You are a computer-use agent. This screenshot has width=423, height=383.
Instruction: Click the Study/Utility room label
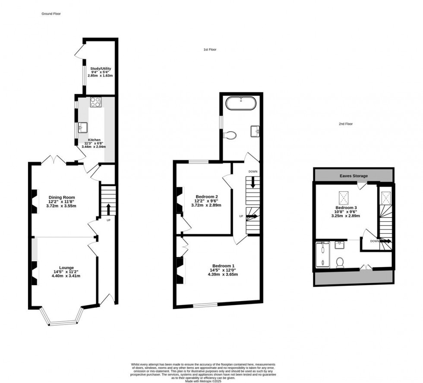point(101,69)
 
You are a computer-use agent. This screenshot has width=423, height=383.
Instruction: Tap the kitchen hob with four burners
point(95,102)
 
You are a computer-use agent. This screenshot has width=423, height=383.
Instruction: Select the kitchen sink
point(83,127)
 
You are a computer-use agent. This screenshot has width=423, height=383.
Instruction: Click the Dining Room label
point(62,198)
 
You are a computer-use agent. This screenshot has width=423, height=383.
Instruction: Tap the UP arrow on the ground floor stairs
point(108,209)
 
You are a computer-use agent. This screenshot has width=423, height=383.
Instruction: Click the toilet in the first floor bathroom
point(230,135)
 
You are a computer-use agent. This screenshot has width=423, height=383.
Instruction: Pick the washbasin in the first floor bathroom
point(254,130)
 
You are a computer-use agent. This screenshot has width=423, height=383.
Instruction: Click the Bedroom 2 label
point(206,197)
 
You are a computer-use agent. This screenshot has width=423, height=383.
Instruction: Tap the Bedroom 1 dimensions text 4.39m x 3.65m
point(223,274)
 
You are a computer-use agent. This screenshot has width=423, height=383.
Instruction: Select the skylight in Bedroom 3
point(344,198)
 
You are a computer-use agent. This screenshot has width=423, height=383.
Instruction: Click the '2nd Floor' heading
point(346,124)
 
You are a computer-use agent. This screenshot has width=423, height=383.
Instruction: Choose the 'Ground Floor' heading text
point(51,14)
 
